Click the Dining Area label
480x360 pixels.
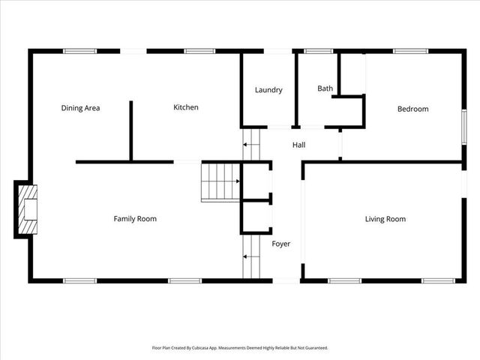[x=80, y=108]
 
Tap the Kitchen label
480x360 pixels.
[x=186, y=107]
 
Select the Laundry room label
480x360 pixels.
[x=268, y=90]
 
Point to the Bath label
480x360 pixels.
[x=325, y=88]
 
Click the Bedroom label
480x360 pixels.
[x=412, y=109]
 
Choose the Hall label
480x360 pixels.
[x=298, y=145]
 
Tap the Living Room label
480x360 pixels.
[x=385, y=219]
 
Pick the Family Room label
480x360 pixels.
[x=135, y=219]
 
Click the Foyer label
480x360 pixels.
[x=280, y=244]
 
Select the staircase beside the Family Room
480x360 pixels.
[x=219, y=181]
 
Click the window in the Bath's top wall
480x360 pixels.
[x=318, y=51]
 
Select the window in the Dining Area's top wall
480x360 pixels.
[x=79, y=51]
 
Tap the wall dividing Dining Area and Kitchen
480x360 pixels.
[x=131, y=130]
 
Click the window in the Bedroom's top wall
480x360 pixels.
[x=410, y=51]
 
